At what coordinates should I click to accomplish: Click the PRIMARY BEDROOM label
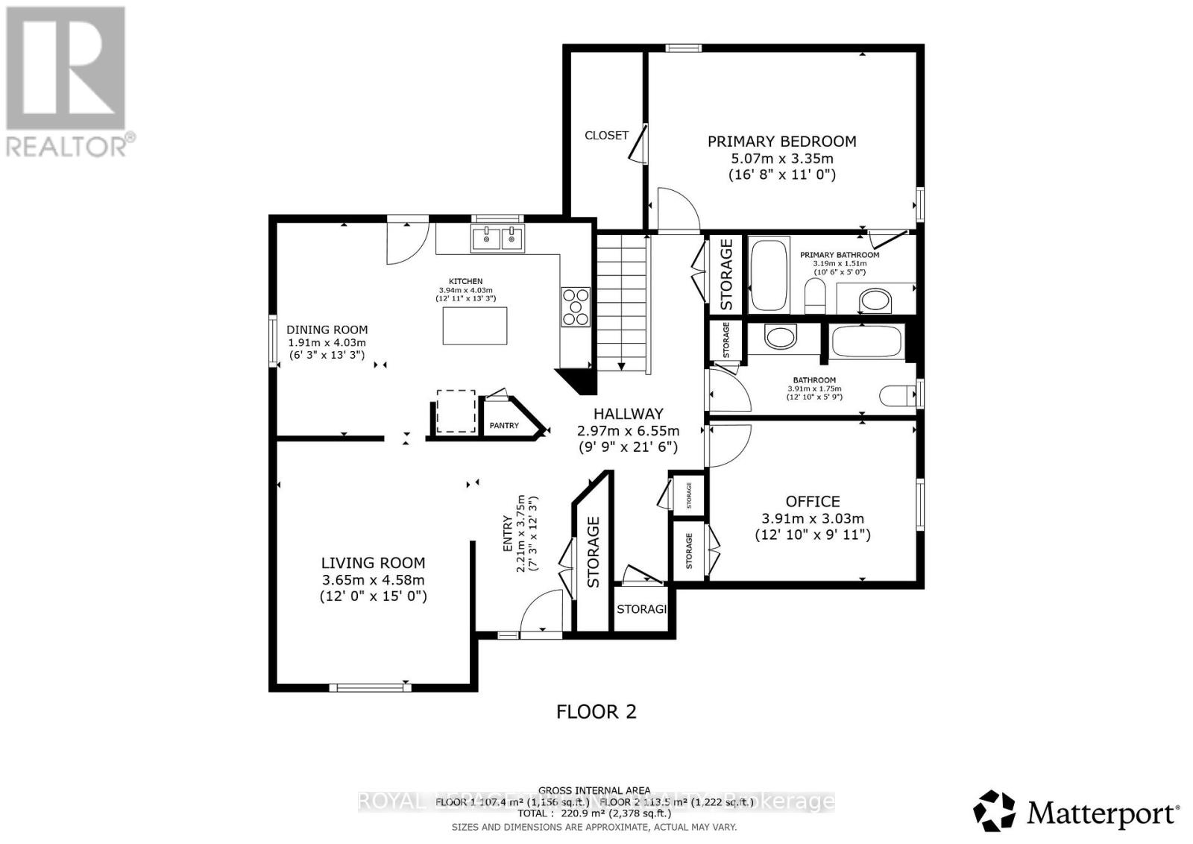pos(781,142)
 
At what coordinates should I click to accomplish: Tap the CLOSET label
pos(606,136)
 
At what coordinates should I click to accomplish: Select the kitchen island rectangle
pos(475,326)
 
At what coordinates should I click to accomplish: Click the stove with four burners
pos(576,306)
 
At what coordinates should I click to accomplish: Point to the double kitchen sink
pos(497,238)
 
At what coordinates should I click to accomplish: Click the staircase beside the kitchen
pos(620,301)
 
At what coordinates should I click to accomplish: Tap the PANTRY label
pos(504,426)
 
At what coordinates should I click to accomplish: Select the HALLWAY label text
pos(628,414)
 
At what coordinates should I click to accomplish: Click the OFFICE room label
pos(812,502)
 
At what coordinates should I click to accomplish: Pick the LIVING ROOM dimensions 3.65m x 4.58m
pos(374,580)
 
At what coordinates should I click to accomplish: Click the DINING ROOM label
pos(327,330)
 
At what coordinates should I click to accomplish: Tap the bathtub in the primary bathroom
pos(769,275)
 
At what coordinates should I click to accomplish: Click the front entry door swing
pos(542,611)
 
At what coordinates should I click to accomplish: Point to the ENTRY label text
pos(508,533)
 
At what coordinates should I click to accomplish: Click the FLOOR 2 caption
pos(596,711)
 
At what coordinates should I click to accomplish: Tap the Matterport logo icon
pos(995,811)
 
